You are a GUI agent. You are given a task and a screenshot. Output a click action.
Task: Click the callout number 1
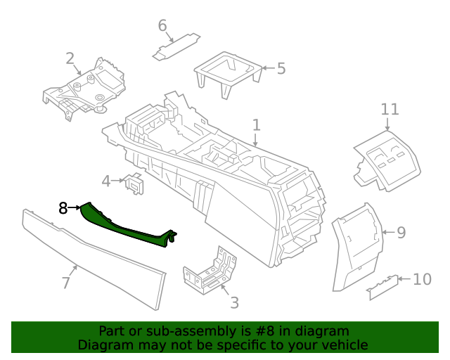[x=257, y=125]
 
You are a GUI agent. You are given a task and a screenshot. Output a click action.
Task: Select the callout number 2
[x=70, y=58]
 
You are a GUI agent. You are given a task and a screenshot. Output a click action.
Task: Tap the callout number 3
[x=234, y=303]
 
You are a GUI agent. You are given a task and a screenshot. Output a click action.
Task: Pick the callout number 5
[x=281, y=69]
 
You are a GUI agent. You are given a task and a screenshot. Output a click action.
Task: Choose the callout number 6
[x=162, y=26]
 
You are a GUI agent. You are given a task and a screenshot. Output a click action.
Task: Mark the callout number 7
[x=65, y=283]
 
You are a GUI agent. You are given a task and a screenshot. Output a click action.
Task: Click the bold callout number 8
[x=63, y=208]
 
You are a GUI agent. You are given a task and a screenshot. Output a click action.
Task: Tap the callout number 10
[x=421, y=280]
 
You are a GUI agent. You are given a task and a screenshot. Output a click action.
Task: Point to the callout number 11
[x=390, y=110]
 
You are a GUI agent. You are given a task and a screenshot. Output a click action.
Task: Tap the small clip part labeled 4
[x=134, y=183]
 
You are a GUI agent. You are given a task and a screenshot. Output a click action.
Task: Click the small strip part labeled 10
[x=383, y=287]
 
